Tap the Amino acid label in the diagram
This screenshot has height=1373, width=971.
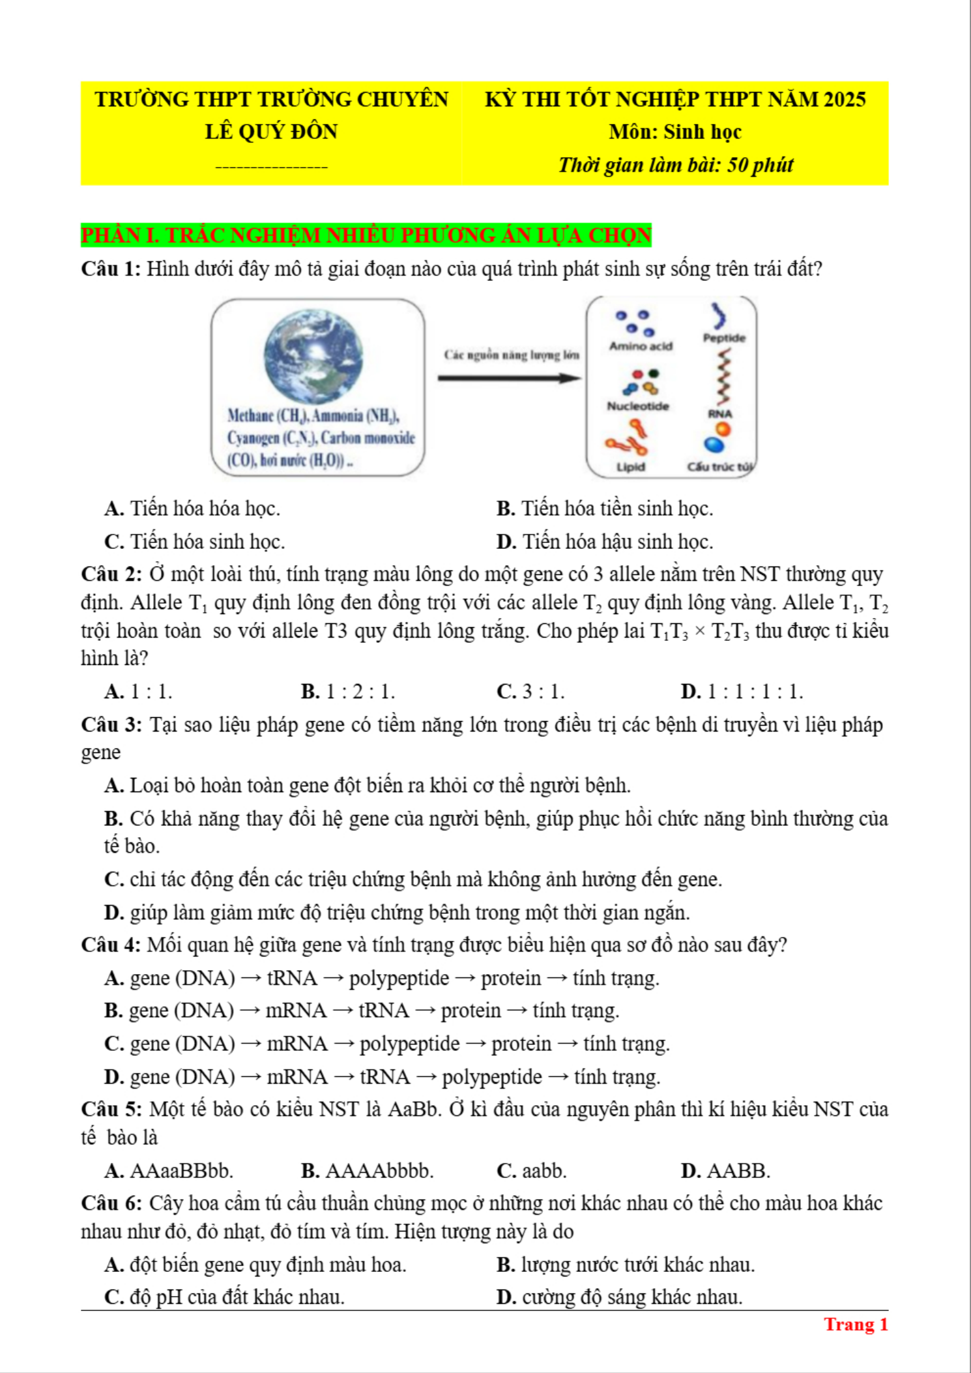pyautogui.click(x=641, y=346)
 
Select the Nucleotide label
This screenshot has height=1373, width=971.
pyautogui.click(x=638, y=406)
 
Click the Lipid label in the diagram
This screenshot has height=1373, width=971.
pyautogui.click(x=630, y=467)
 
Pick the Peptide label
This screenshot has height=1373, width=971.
pyautogui.click(x=724, y=338)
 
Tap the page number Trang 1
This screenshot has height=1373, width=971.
pyautogui.click(x=856, y=1325)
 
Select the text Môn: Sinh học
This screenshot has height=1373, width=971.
pyautogui.click(x=675, y=132)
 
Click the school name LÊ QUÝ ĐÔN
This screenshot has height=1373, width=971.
pyautogui.click(x=271, y=132)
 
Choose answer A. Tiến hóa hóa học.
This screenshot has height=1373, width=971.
pyautogui.click(x=193, y=509)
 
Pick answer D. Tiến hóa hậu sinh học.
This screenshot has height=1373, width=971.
pyautogui.click(x=605, y=542)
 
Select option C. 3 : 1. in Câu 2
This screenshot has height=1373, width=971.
pyautogui.click(x=530, y=692)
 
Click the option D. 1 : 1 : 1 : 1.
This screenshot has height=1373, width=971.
pyautogui.click(x=742, y=692)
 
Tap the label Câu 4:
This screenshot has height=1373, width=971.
pyautogui.click(x=110, y=945)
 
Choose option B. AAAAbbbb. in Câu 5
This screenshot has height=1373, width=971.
pyautogui.click(x=367, y=1171)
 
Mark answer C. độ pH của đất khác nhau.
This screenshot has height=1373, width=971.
pyautogui.click(x=224, y=1297)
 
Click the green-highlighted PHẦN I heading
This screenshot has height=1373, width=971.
pyautogui.click(x=366, y=235)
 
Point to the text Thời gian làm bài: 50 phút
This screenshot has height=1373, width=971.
pyautogui.click(x=675, y=165)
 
